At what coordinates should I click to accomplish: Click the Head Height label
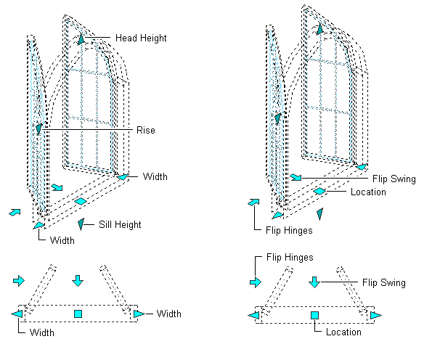(x=141, y=38)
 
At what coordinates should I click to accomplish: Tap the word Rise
(x=146, y=130)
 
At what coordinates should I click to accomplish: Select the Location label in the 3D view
(x=368, y=192)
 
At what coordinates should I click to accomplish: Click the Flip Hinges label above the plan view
(x=290, y=257)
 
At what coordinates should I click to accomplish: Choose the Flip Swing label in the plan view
(x=383, y=282)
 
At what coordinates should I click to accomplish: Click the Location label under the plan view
(x=343, y=332)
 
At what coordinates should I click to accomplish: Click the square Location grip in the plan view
(x=315, y=315)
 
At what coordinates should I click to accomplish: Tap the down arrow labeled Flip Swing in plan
(x=314, y=281)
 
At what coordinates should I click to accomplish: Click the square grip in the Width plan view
(x=78, y=314)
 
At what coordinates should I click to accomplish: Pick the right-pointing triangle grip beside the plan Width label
(x=139, y=314)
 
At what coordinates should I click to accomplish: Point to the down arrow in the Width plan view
(x=78, y=280)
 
